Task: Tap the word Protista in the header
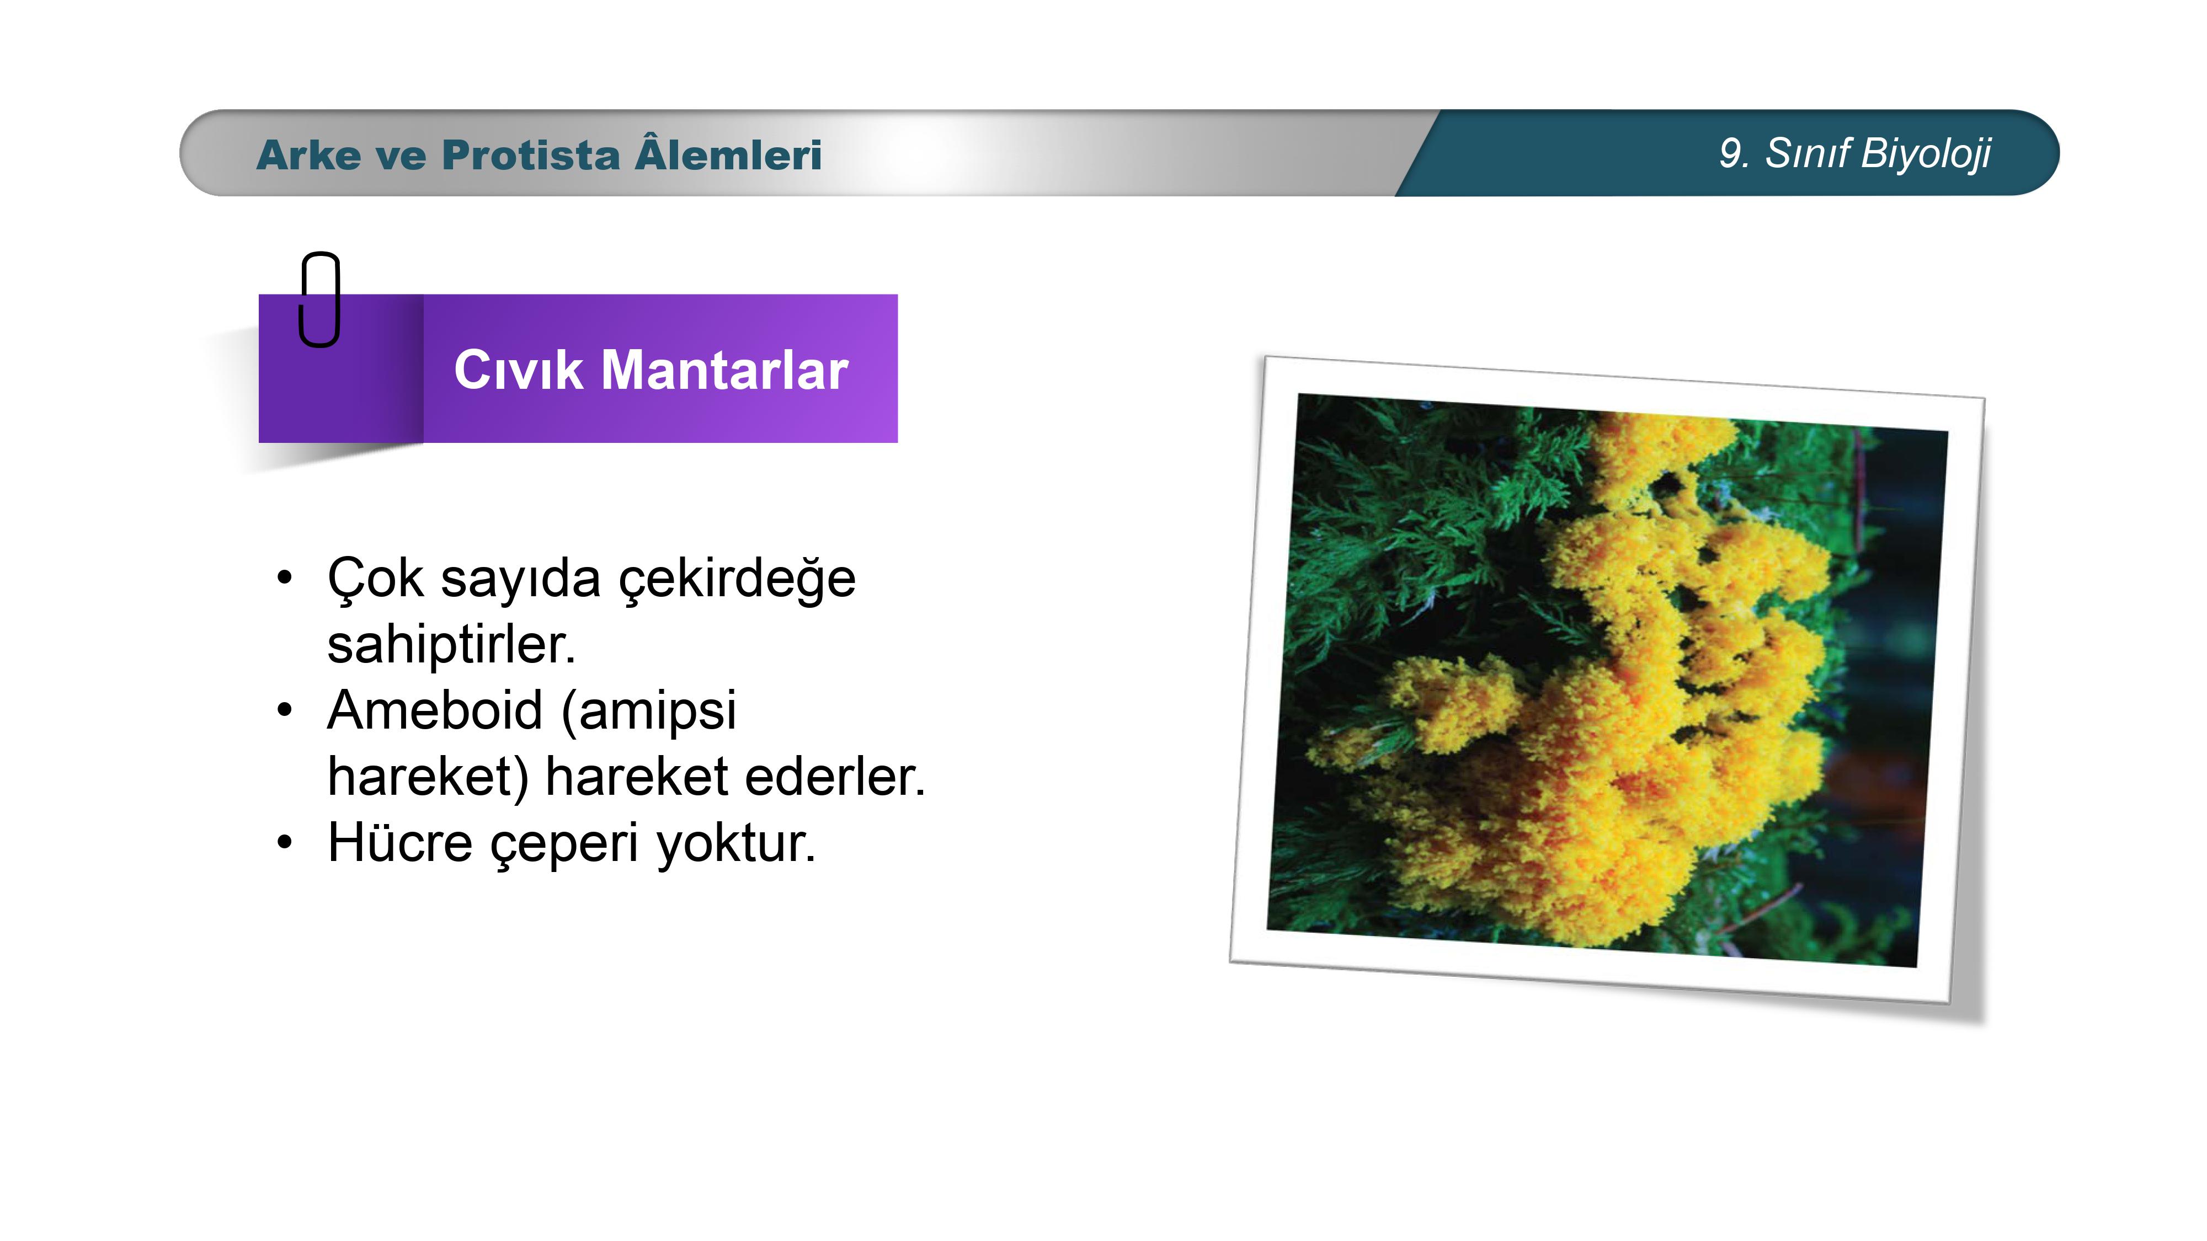click(530, 155)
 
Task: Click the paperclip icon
click(319, 299)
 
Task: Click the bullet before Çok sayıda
click(285, 577)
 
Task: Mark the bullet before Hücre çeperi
click(285, 843)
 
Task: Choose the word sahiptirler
click(451, 644)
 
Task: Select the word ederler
click(835, 777)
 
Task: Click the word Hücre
click(400, 843)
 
